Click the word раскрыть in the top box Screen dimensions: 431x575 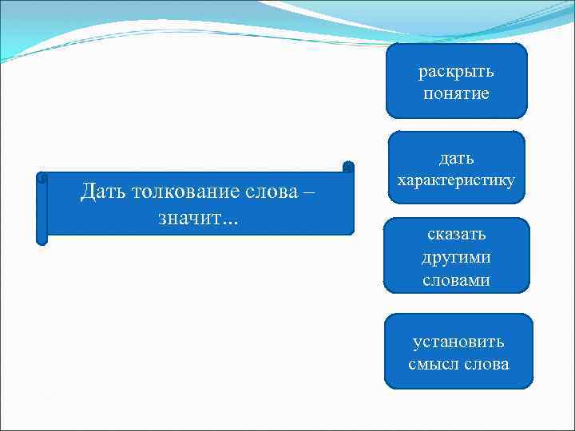[457, 72]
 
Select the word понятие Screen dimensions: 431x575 [457, 94]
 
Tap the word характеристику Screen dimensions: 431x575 [456, 181]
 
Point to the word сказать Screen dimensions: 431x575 [457, 235]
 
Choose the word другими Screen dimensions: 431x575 [457, 258]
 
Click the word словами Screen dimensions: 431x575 [457, 280]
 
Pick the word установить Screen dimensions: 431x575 [458, 342]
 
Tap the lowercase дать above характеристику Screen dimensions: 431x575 [457, 159]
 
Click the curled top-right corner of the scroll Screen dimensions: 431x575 [348, 167]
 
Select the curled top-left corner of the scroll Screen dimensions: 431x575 [42, 177]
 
